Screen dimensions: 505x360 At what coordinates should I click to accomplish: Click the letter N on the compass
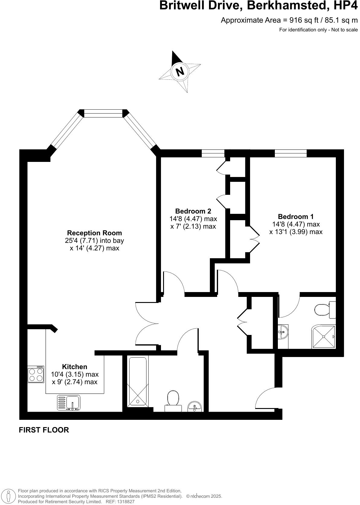pyautogui.click(x=180, y=72)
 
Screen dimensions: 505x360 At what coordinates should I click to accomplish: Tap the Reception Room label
pyautogui.click(x=94, y=233)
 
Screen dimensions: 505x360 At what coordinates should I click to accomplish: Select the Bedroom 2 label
pyautogui.click(x=193, y=211)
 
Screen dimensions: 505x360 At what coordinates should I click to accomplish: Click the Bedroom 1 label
pyautogui.click(x=296, y=217)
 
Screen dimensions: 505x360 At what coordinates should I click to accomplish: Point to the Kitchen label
pyautogui.click(x=75, y=367)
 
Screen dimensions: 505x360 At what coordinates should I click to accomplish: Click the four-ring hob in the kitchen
pyautogui.click(x=36, y=375)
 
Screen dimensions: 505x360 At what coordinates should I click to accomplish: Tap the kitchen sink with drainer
pyautogui.click(x=69, y=403)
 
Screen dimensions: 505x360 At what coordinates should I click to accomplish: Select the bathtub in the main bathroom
pyautogui.click(x=138, y=381)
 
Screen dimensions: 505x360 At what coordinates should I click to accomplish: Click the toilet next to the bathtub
pyautogui.click(x=173, y=399)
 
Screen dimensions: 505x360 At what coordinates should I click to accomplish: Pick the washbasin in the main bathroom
pyautogui.click(x=194, y=407)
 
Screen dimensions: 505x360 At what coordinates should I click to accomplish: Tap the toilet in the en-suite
pyautogui.click(x=323, y=309)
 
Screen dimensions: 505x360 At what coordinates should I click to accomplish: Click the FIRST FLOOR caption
pyautogui.click(x=44, y=430)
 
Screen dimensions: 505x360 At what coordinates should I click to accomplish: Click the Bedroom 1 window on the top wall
pyautogui.click(x=291, y=153)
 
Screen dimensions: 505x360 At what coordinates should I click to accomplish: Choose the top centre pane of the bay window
pyautogui.click(x=103, y=113)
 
